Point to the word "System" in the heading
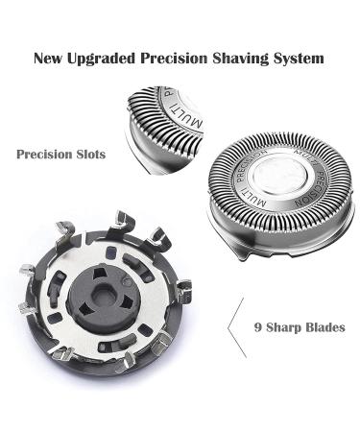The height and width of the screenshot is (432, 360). coord(300,59)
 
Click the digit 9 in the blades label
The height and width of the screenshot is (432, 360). coord(258,326)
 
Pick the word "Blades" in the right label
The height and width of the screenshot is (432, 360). coord(324,326)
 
